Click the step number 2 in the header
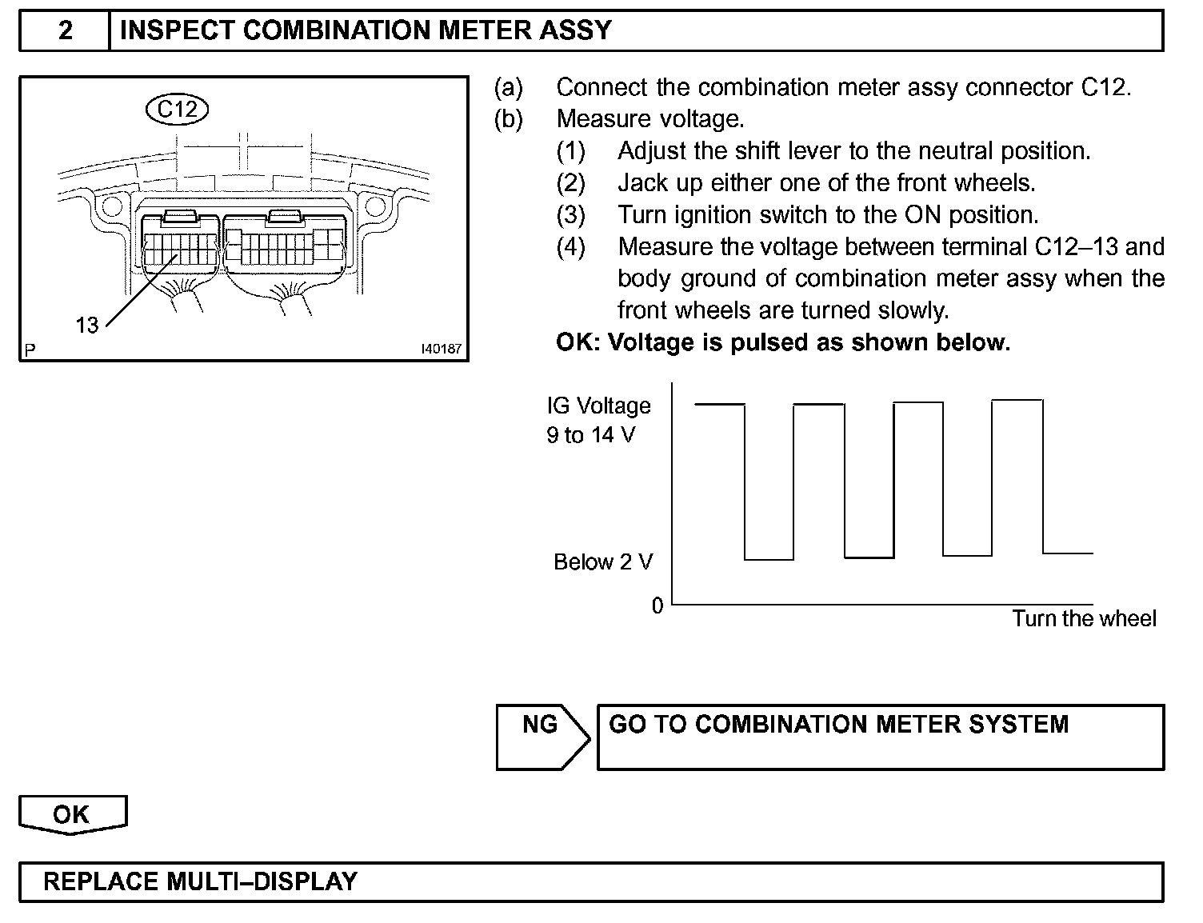[x=65, y=31]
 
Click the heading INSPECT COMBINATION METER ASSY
[x=365, y=31]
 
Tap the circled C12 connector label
[x=177, y=109]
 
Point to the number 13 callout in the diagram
[x=86, y=326]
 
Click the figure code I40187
[x=442, y=350]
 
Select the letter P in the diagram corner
[x=30, y=350]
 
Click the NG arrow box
[x=542, y=736]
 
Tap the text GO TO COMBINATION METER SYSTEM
[x=838, y=725]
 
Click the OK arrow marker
[x=72, y=815]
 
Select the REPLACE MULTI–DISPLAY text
[x=200, y=881]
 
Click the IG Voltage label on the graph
[x=598, y=406]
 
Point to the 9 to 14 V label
[x=590, y=436]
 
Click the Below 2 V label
[x=603, y=562]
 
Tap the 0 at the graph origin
[x=657, y=606]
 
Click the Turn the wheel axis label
[x=1084, y=619]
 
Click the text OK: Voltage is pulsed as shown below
[x=783, y=342]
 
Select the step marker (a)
[x=509, y=87]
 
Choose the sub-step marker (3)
[x=570, y=215]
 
